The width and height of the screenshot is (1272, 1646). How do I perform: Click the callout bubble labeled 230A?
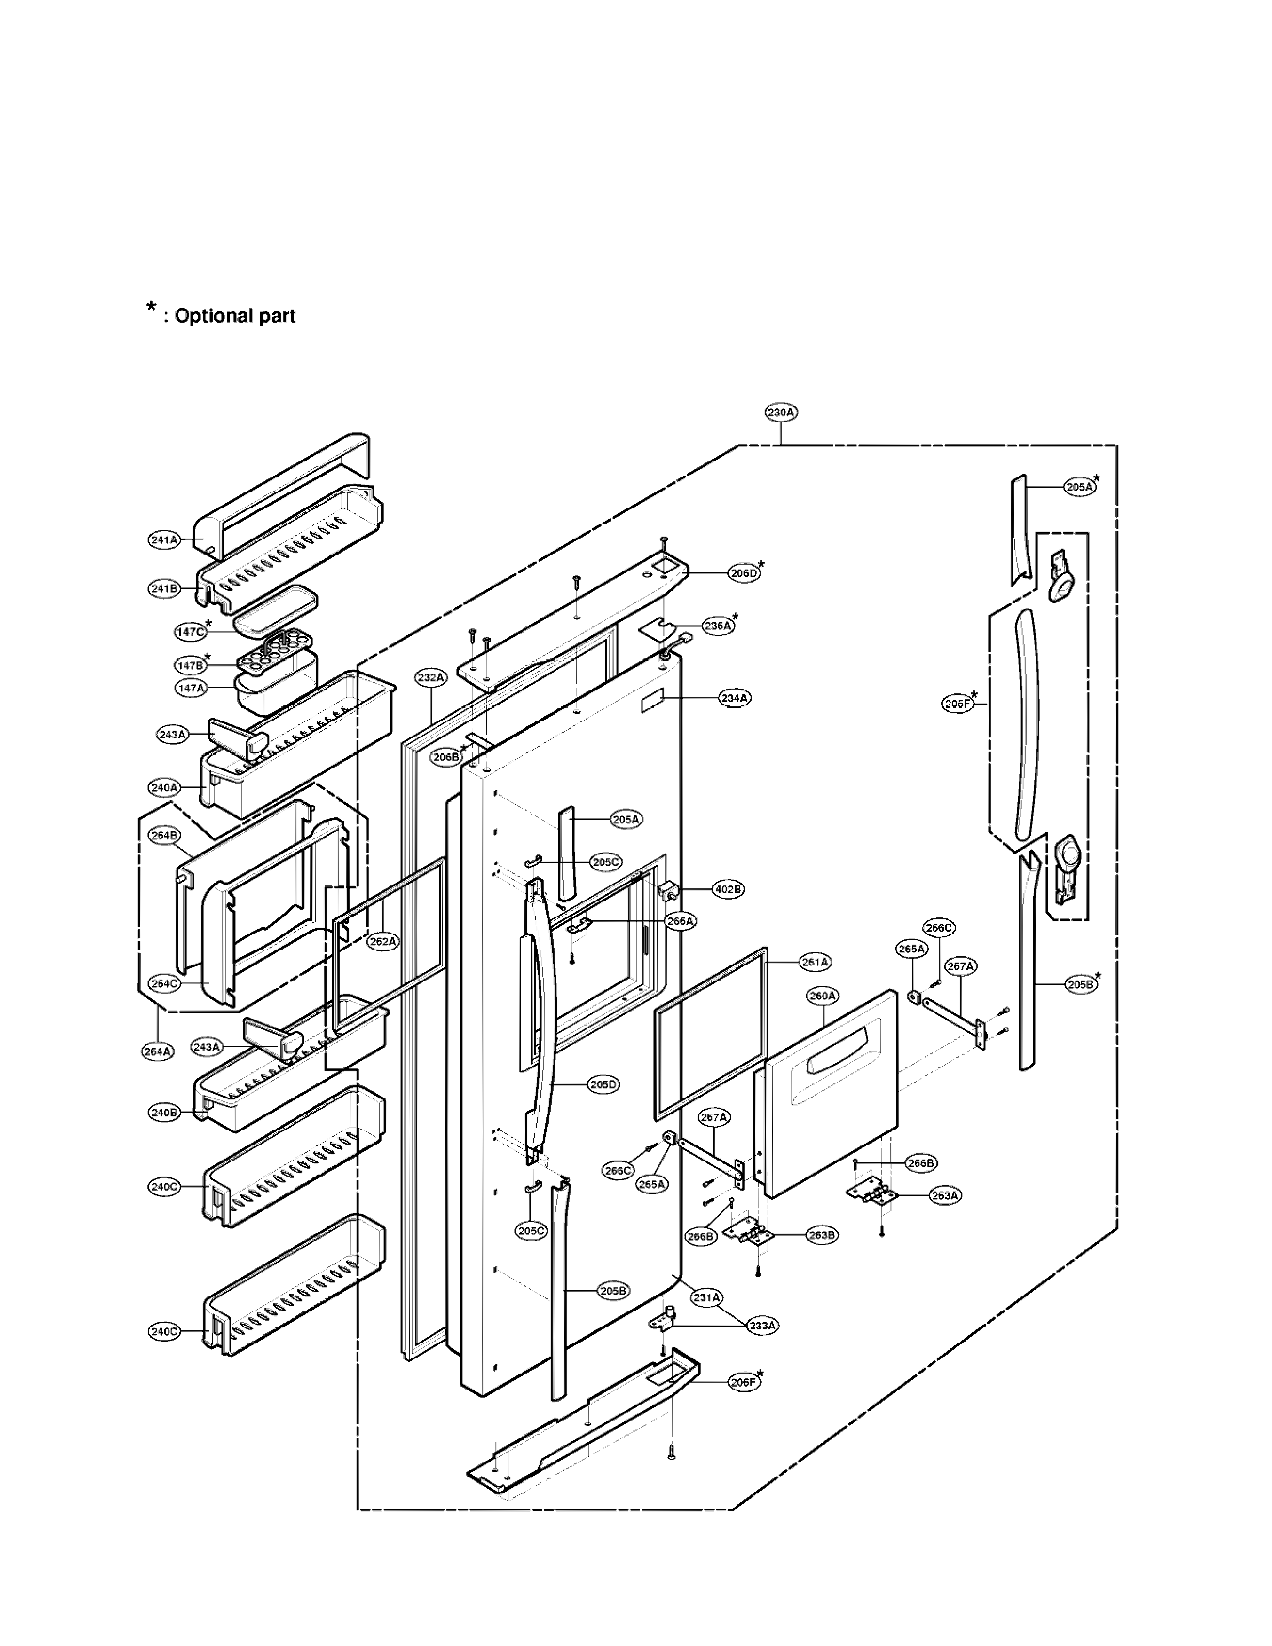coord(781,412)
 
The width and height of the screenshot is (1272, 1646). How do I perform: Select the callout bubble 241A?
coord(164,540)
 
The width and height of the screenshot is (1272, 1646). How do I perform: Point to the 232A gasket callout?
coord(431,677)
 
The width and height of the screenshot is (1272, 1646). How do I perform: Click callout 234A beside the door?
coord(733,698)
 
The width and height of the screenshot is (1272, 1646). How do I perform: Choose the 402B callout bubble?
coord(728,889)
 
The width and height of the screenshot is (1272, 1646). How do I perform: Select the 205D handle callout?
coord(603,1085)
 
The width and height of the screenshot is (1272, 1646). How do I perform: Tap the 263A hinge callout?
coord(945,1195)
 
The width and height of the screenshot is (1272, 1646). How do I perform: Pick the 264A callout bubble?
coord(158,1051)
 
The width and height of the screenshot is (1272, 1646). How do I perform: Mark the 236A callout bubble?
coord(717,625)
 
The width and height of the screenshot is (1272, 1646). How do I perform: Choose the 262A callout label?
coord(382,941)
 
